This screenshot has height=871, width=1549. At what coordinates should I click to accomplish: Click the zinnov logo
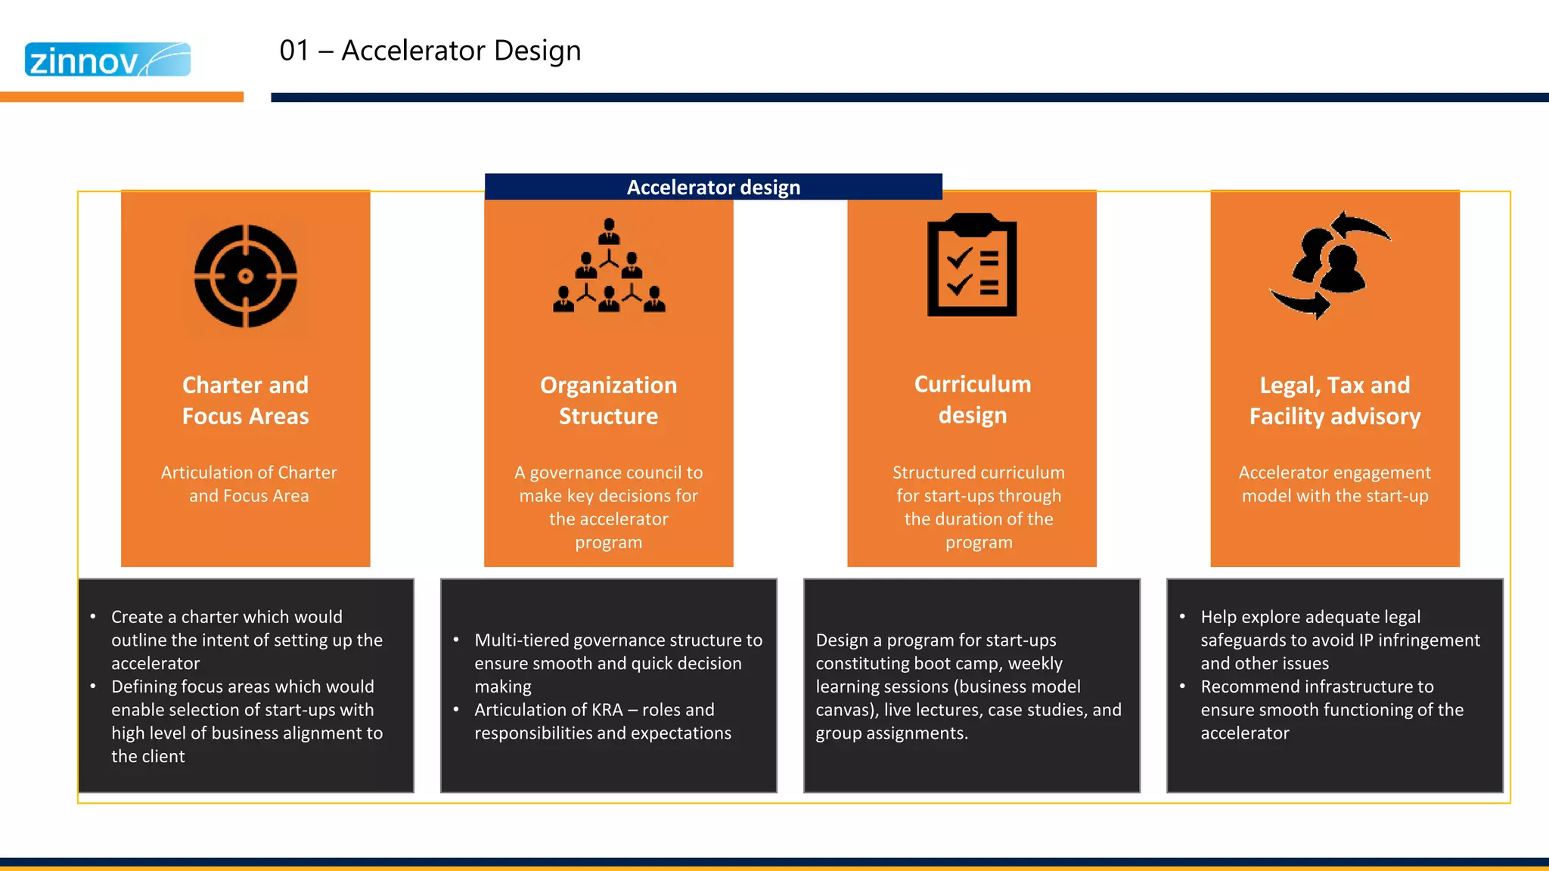click(x=107, y=60)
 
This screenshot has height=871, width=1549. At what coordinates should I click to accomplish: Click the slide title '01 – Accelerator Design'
click(x=430, y=51)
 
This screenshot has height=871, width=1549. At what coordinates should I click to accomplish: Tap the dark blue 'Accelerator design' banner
click(x=713, y=187)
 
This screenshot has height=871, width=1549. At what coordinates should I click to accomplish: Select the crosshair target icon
click(x=245, y=276)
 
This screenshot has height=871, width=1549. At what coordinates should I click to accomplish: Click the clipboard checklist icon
click(x=972, y=265)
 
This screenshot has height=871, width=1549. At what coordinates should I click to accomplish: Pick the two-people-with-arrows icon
click(x=1331, y=265)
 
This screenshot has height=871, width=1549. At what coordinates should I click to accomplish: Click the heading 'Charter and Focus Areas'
click(x=245, y=401)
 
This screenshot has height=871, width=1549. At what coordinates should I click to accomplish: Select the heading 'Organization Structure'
click(x=608, y=401)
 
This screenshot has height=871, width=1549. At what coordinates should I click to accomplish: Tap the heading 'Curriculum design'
click(x=972, y=399)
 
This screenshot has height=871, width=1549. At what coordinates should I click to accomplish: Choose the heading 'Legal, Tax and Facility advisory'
click(x=1335, y=401)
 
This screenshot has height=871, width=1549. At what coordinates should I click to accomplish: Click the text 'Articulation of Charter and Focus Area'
click(x=249, y=484)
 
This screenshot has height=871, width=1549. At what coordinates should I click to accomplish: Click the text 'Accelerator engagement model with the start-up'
click(x=1335, y=484)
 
